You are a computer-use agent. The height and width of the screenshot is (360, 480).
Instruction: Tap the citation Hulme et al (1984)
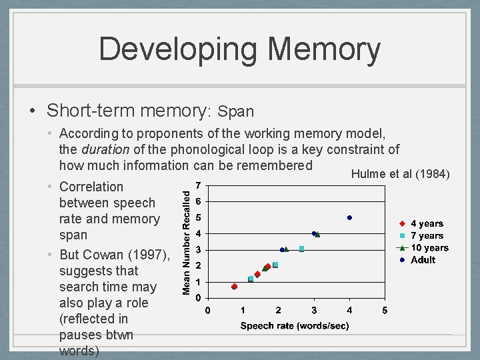click(401, 175)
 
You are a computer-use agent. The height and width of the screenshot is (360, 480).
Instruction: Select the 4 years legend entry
click(427, 224)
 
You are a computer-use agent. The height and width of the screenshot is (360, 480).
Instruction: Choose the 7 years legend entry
click(427, 236)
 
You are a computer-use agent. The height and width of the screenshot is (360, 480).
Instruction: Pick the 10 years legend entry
click(429, 248)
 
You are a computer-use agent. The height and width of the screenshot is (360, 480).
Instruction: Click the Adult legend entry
click(423, 260)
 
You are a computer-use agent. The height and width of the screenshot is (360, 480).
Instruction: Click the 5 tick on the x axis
click(385, 311)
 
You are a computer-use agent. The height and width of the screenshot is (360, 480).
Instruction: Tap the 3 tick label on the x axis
click(314, 311)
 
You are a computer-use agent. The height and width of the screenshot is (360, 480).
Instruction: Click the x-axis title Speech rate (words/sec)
click(295, 326)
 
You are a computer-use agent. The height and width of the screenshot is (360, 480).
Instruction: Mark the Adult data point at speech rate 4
click(349, 217)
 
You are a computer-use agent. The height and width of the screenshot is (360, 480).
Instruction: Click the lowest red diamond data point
click(235, 287)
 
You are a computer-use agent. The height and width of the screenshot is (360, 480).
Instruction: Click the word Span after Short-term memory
click(236, 111)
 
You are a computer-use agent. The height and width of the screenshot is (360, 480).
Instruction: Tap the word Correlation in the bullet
click(91, 187)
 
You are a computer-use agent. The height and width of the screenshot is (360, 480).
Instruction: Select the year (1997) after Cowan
click(149, 255)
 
